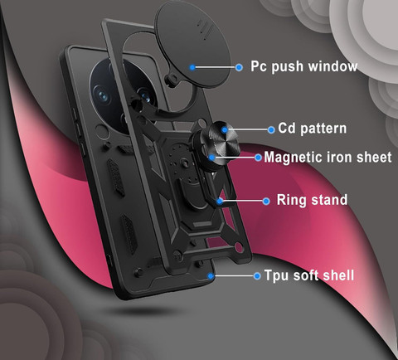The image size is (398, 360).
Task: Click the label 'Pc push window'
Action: (303, 66)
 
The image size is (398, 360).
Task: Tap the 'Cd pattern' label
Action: (313, 129)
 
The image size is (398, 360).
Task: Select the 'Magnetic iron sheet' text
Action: (328, 158)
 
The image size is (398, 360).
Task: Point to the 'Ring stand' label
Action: (312, 200)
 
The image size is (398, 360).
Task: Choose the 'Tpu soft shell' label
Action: (309, 275)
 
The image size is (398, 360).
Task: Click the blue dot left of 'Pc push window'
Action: (239, 67)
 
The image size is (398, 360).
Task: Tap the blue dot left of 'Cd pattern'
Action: (271, 129)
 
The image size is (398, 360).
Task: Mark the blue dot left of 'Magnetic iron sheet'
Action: (258, 158)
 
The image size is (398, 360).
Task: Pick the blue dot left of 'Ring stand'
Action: (266, 201)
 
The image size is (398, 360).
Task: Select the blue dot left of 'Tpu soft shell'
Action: (257, 275)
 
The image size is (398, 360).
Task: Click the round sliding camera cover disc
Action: (192, 44)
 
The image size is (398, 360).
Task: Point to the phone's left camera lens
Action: (103, 96)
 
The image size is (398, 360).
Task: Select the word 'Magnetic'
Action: (294, 158)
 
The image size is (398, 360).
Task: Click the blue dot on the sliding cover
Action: (192, 67)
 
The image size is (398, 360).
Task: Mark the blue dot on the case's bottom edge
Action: (211, 275)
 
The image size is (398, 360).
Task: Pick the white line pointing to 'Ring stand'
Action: (243, 201)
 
